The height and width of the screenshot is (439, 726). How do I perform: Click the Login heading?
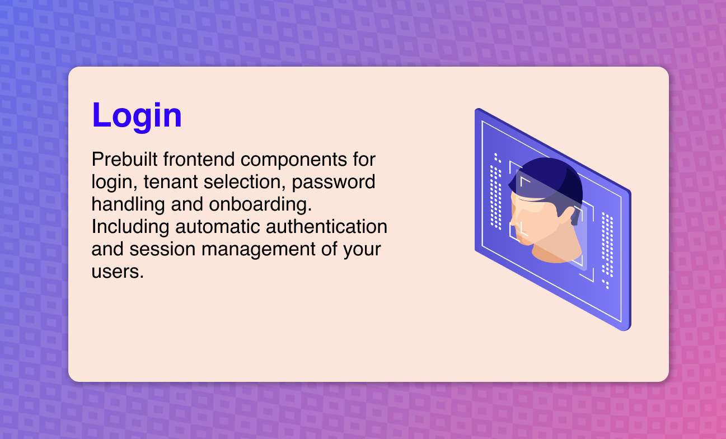pyautogui.click(x=137, y=116)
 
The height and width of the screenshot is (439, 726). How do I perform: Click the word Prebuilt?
pyautogui.click(x=124, y=159)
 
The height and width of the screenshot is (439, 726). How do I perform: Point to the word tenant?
pyautogui.click(x=171, y=181)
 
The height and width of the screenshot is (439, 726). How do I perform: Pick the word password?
pyautogui.click(x=334, y=182)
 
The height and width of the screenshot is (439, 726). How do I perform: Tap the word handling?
pyautogui.click(x=128, y=205)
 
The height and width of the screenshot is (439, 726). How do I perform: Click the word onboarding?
pyautogui.click(x=260, y=205)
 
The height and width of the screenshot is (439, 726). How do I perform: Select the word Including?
pyautogui.click(x=130, y=227)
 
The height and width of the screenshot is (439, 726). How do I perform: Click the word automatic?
pyautogui.click(x=218, y=226)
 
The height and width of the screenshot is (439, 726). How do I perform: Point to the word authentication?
pyautogui.click(x=326, y=226)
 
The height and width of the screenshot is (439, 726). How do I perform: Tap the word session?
pyautogui.click(x=162, y=249)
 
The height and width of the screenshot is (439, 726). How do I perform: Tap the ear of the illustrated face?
pyautogui.click(x=571, y=215)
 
